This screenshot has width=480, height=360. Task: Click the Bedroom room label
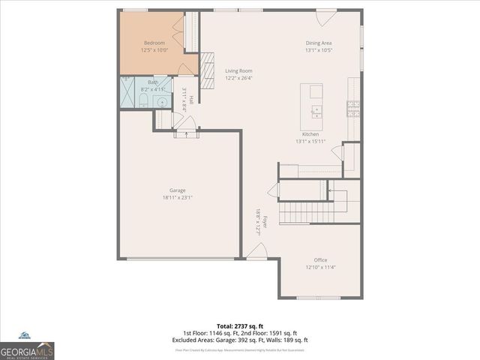coord(154,43)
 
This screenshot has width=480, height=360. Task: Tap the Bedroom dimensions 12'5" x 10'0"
coord(154,50)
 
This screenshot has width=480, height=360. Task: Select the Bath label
coord(153,82)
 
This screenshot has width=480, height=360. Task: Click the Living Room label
coord(238,71)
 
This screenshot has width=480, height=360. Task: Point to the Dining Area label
coord(319,43)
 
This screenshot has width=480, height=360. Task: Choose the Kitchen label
coord(310,134)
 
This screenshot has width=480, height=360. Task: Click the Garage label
coord(177,190)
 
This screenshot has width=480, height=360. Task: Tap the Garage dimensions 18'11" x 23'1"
coord(177,197)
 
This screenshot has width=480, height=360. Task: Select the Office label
coord(320,260)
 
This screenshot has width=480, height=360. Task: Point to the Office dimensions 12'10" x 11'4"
coord(320,267)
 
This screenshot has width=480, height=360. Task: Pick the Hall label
coord(192,100)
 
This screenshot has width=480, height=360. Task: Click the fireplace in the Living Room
coord(208,66)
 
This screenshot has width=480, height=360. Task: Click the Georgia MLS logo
coord(27,349)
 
